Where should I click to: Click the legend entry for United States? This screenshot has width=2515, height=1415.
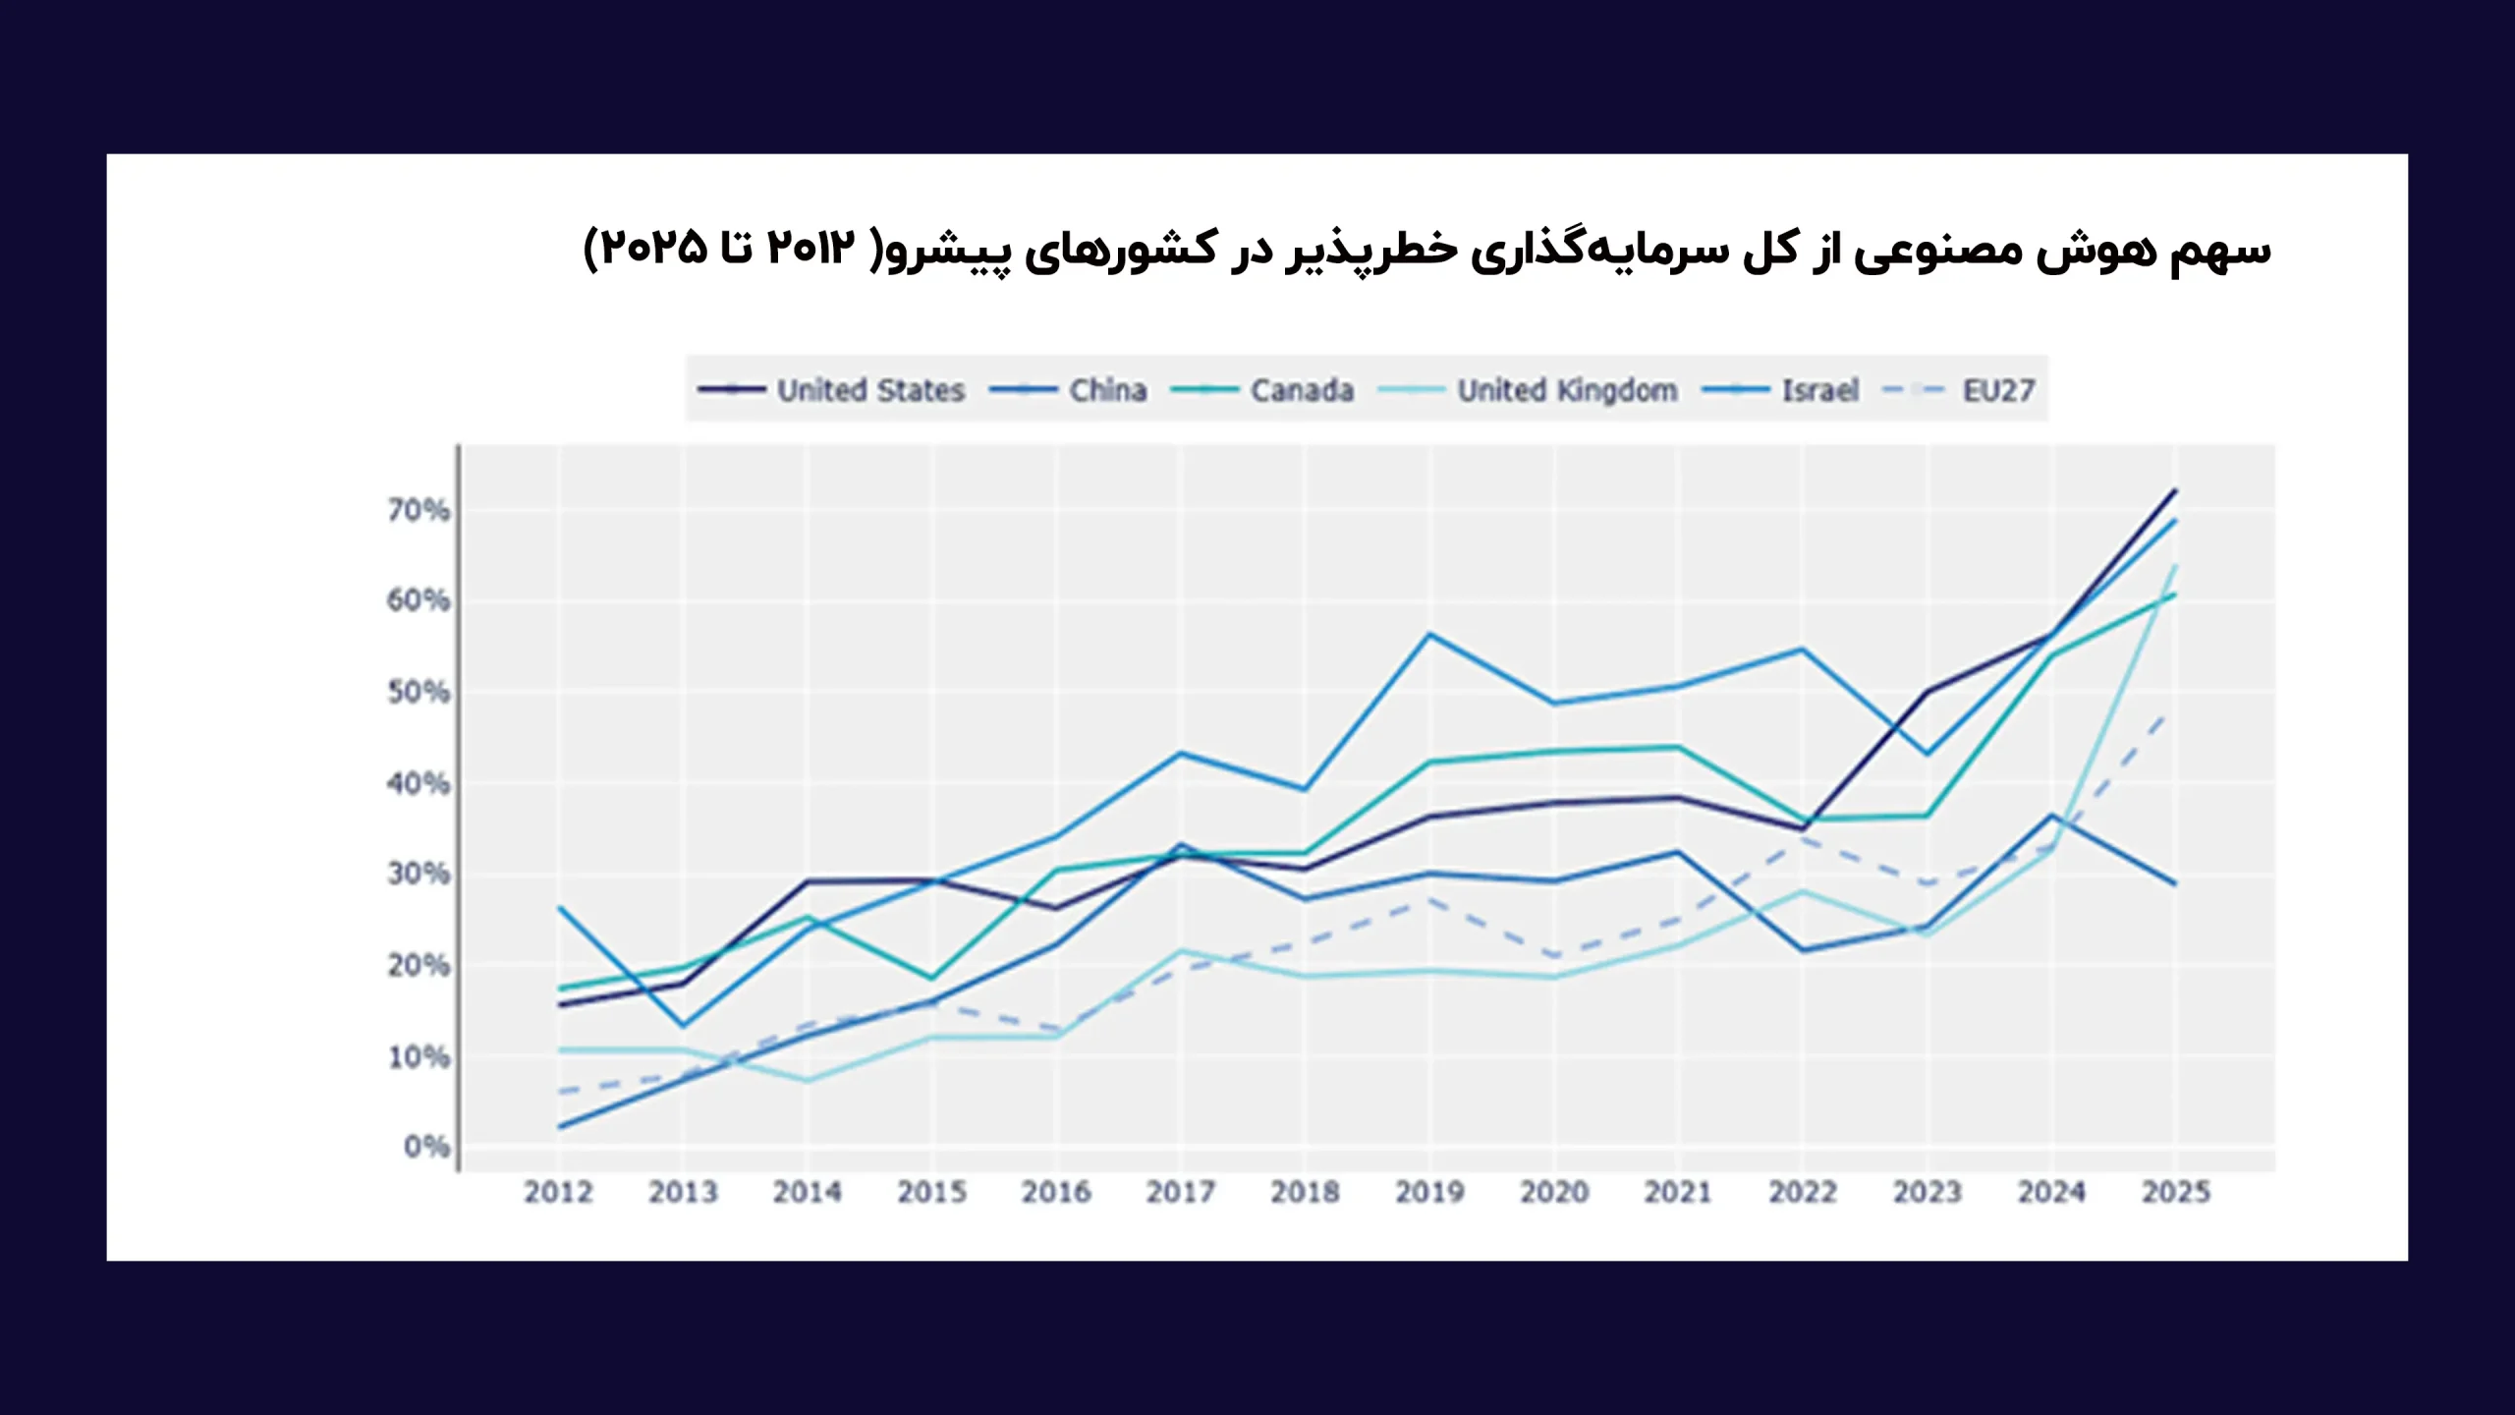pyautogui.click(x=870, y=390)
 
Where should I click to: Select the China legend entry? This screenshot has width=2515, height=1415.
pyautogui.click(x=1107, y=390)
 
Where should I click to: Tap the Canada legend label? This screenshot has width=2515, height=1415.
pyautogui.click(x=1302, y=390)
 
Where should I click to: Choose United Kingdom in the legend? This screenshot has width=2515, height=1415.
pyautogui.click(x=1567, y=390)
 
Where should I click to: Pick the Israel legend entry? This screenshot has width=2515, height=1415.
pyautogui.click(x=1820, y=390)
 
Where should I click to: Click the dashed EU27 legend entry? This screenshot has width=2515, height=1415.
pyautogui.click(x=1997, y=390)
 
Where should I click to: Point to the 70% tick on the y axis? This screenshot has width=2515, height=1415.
pyautogui.click(x=419, y=510)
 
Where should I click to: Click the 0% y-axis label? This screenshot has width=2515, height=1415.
pyautogui.click(x=426, y=1146)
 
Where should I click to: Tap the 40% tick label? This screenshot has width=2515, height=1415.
pyautogui.click(x=419, y=783)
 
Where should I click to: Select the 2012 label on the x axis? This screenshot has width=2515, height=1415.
pyautogui.click(x=558, y=1192)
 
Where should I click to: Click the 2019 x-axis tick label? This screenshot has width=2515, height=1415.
pyautogui.click(x=1429, y=1192)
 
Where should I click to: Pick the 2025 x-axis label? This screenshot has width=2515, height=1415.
pyautogui.click(x=2176, y=1192)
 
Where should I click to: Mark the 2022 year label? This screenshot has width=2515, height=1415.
pyautogui.click(x=1803, y=1192)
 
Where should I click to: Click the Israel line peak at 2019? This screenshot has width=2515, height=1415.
pyautogui.click(x=1430, y=634)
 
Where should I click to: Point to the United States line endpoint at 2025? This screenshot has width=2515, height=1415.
pyautogui.click(x=2176, y=489)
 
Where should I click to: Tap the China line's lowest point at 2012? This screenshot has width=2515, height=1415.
pyautogui.click(x=559, y=1127)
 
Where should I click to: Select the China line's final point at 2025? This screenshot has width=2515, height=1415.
pyautogui.click(x=2176, y=883)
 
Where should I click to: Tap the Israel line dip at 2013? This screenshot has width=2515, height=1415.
pyautogui.click(x=683, y=1027)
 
